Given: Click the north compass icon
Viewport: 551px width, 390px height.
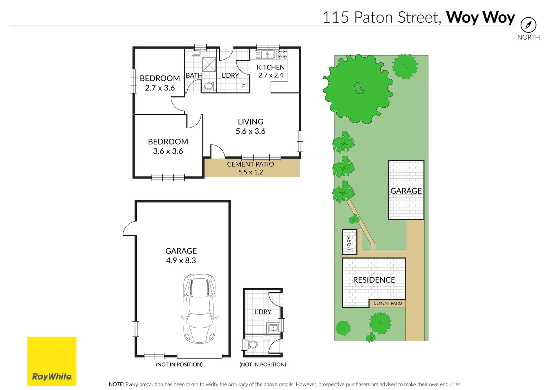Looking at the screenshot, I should click(528, 25).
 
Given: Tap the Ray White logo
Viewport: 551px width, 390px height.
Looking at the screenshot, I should click(52, 361).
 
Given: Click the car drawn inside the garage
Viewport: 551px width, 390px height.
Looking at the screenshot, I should click(200, 309).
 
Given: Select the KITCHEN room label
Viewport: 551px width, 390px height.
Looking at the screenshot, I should click(271, 68).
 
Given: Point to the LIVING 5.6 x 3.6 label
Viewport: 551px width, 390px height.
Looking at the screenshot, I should click(250, 126).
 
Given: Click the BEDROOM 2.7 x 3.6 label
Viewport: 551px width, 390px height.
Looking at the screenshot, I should click(160, 83).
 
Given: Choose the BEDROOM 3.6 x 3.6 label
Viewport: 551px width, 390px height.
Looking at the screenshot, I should click(168, 146).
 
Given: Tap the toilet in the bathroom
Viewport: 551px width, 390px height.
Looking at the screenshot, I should click(209, 86).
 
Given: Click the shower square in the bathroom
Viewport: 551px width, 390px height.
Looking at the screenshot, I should click(209, 65).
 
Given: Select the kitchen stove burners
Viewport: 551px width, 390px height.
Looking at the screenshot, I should click(283, 54).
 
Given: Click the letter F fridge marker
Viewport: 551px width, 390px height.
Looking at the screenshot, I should click(244, 86).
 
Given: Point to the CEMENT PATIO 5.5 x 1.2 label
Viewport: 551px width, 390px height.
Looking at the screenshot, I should click(250, 168).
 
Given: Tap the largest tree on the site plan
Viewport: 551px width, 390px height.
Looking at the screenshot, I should click(358, 88).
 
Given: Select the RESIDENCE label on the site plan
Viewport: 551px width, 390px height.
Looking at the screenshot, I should click(374, 280).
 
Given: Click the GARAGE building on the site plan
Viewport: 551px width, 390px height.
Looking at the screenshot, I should click(406, 190).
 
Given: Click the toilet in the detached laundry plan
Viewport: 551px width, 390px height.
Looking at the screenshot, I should click(253, 344).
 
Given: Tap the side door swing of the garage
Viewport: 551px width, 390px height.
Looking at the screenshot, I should click(129, 229).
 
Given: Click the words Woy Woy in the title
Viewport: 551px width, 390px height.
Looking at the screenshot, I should click(480, 17).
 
